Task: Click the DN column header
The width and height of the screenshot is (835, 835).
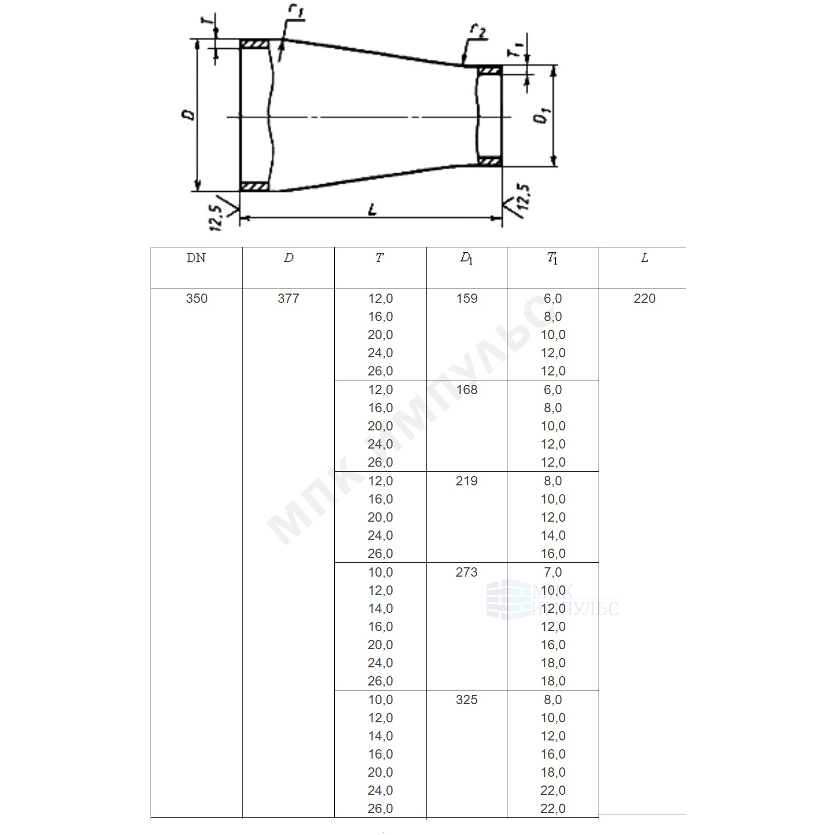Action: pos(196,258)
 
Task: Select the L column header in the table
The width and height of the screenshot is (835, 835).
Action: pos(644,258)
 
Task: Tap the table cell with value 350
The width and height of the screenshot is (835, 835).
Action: pos(197,298)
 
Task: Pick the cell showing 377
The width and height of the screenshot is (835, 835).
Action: pos(289,298)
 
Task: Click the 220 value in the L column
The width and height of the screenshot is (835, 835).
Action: pos(644,298)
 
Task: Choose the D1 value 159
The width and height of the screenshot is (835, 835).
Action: pos(467,298)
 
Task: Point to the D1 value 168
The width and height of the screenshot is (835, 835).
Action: pos(467,390)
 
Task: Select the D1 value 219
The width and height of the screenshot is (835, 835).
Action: pos(467,481)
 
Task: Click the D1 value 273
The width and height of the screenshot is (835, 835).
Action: pos(467,572)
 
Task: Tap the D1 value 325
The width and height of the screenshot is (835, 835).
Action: pos(467,700)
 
